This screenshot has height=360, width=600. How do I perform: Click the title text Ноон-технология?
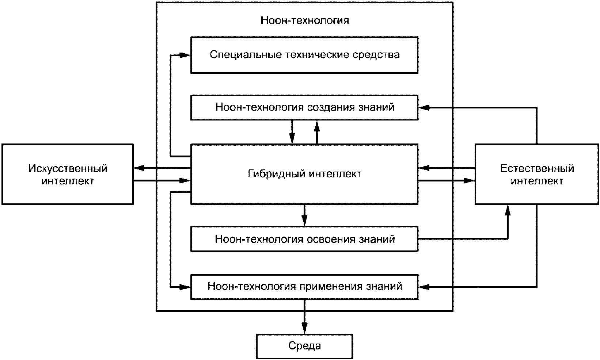[x=305, y=20]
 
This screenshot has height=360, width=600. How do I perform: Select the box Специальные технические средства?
[x=304, y=55]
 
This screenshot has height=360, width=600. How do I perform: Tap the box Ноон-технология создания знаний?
[x=304, y=107]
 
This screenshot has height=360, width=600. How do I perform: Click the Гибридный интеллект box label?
[x=304, y=174]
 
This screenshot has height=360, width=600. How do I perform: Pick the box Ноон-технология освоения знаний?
[x=304, y=239]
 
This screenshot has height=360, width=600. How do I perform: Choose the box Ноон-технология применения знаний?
[x=304, y=287]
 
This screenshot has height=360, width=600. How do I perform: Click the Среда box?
[x=304, y=346]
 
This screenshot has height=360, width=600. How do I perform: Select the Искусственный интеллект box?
[x=68, y=175]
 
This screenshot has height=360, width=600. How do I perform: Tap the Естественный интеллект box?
[x=537, y=175]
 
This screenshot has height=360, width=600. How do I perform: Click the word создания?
[x=331, y=107]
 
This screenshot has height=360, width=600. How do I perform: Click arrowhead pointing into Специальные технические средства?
[x=185, y=55]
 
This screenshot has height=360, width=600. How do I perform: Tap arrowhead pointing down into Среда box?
[x=304, y=328]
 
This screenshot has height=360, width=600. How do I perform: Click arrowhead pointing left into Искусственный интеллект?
[x=139, y=168]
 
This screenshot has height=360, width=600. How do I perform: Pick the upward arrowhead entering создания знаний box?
[x=317, y=126]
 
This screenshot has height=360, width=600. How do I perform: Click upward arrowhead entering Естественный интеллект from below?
[x=507, y=210]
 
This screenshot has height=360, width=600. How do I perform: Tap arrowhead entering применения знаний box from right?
[x=424, y=287]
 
